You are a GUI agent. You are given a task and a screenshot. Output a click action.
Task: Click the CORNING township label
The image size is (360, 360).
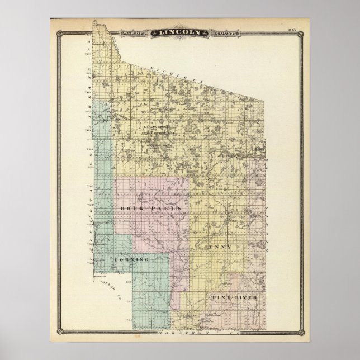point(130,260)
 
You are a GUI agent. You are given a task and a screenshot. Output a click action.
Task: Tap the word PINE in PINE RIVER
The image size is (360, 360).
point(221,297)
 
